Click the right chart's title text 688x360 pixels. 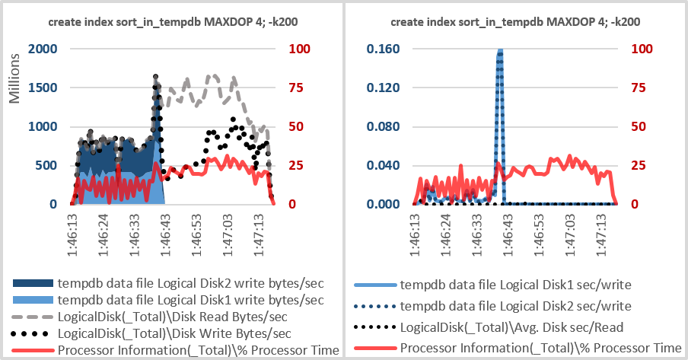(514, 22)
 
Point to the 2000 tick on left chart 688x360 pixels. (42, 49)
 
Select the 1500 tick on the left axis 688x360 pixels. (42, 88)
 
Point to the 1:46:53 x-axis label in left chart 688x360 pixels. (196, 227)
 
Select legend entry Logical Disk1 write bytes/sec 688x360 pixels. (190, 300)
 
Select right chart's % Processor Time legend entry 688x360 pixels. (540, 349)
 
